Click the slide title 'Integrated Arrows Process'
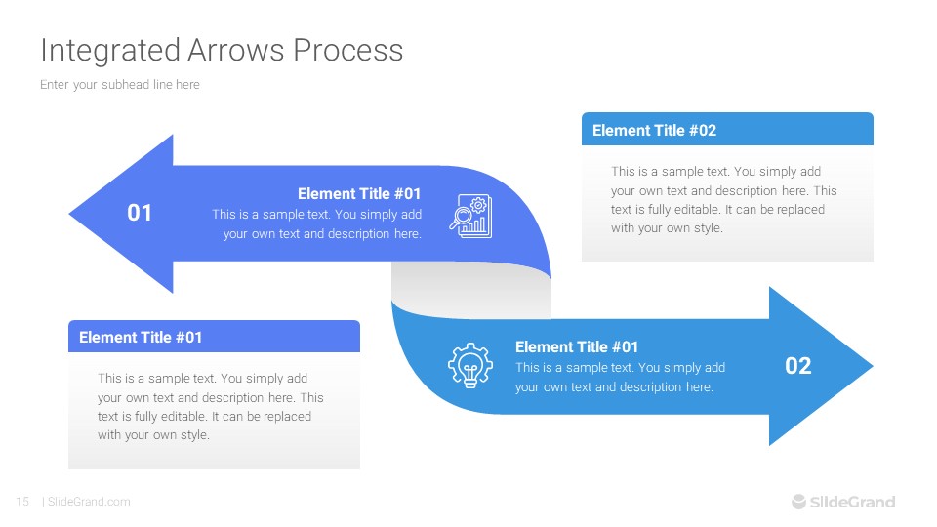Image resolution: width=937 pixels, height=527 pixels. (x=222, y=50)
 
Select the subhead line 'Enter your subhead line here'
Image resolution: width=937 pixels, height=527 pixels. (x=120, y=85)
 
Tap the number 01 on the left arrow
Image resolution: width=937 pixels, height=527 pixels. (x=140, y=213)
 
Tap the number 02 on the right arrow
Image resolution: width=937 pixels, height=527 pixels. (x=798, y=366)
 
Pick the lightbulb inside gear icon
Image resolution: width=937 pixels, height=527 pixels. (x=469, y=366)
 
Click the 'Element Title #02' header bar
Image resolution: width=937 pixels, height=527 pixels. (x=727, y=130)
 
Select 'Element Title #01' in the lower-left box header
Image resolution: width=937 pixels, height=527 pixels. (x=141, y=338)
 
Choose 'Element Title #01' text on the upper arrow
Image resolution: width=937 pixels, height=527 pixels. (x=359, y=194)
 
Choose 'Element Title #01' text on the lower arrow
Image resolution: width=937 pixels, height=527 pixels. (x=577, y=347)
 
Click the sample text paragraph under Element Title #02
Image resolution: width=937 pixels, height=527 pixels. (x=724, y=200)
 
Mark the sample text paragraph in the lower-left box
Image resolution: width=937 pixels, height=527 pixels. (x=210, y=407)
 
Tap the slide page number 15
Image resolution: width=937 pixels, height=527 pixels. (x=21, y=502)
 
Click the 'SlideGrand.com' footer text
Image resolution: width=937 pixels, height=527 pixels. (x=89, y=502)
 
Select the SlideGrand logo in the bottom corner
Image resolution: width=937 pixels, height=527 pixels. (x=842, y=502)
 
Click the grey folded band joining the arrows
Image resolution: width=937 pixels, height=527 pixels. (x=470, y=291)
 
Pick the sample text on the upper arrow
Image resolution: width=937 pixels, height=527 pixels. (x=317, y=224)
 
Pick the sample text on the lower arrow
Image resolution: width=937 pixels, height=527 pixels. (x=620, y=378)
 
